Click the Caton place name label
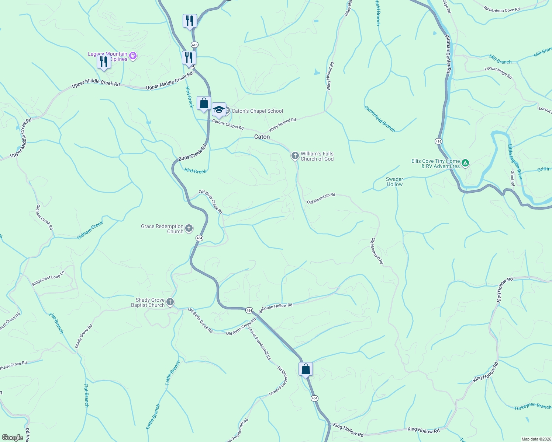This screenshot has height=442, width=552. (x=262, y=137)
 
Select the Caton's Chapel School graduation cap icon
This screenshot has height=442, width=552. (x=219, y=109)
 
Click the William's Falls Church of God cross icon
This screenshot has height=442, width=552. (x=295, y=156)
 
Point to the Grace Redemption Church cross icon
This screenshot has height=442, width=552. (x=189, y=229)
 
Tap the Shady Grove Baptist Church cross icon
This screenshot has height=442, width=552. (x=170, y=302)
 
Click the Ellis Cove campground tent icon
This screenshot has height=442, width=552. (x=466, y=163)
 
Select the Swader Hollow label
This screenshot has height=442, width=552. (x=394, y=182)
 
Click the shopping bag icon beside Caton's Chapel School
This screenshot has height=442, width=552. (x=204, y=104)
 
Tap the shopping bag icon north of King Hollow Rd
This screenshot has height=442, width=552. (x=306, y=369)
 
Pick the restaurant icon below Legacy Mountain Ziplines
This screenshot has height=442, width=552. (x=104, y=62)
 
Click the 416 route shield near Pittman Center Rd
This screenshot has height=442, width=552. (x=438, y=141)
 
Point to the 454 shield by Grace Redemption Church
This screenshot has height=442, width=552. (x=199, y=238)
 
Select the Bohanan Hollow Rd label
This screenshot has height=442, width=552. (x=275, y=308)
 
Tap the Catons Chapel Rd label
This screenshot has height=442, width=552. (x=228, y=124)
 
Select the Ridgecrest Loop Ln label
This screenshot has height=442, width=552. (x=48, y=278)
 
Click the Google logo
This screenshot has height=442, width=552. (x=13, y=438)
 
